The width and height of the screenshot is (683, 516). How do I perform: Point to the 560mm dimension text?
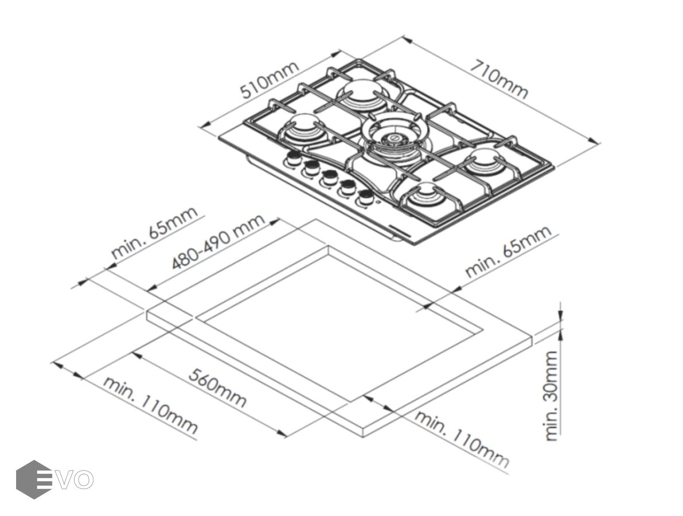[218, 388]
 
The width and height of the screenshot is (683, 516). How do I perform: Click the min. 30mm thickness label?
[551, 396]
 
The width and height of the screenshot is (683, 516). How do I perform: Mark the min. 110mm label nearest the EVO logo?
[151, 405]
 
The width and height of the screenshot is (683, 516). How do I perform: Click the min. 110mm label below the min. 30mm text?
[462, 439]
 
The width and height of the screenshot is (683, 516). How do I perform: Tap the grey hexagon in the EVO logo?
[34, 479]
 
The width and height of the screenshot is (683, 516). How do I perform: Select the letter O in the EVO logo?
[83, 479]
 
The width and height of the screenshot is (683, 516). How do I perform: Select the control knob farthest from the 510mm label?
[364, 198]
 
